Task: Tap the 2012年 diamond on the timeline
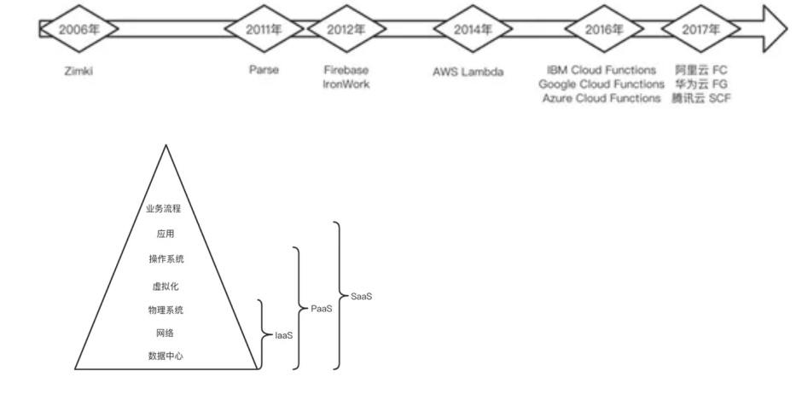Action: [x=346, y=27]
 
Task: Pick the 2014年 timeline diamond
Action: [x=474, y=27]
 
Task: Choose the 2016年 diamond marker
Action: [x=604, y=27]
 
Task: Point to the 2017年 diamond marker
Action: [x=701, y=27]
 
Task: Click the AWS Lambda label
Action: [x=468, y=72]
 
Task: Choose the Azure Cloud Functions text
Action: [x=601, y=99]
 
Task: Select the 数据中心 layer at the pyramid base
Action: [x=165, y=357]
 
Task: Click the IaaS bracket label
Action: [x=283, y=336]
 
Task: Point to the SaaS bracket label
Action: [x=362, y=296]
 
